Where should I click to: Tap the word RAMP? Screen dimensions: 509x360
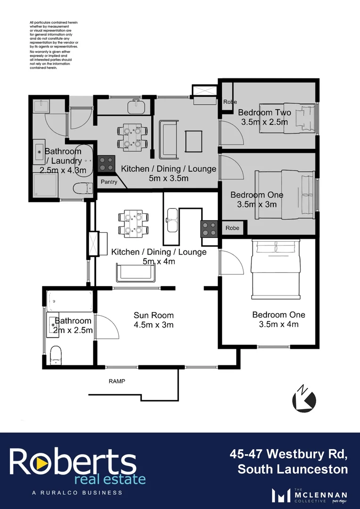[117, 381]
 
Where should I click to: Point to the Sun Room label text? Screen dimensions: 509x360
[154, 315]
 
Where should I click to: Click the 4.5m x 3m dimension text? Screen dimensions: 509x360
[154, 325]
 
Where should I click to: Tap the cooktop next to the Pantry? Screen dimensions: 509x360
[107, 164]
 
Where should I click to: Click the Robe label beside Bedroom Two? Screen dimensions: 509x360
[230, 102]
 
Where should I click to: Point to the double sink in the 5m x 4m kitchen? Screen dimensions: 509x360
[172, 220]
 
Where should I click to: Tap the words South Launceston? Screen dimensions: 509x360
[293, 469]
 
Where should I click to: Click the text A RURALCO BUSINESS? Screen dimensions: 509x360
[77, 493]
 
